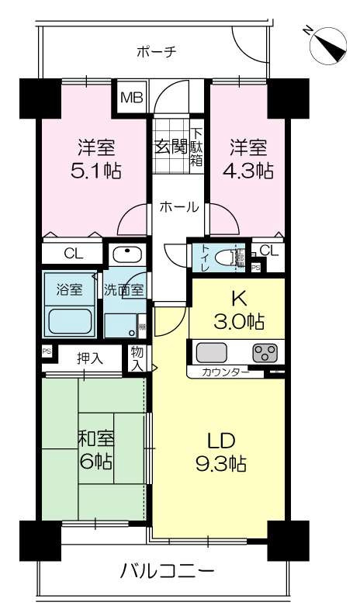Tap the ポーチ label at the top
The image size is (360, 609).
pyautogui.click(x=157, y=52)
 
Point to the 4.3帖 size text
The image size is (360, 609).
pyautogui.click(x=248, y=169)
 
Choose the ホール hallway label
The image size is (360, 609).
pyautogui.click(x=178, y=207)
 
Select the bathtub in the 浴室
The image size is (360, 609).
pyautogui.click(x=70, y=320)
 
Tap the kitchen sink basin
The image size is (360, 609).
pyautogui.click(x=212, y=353)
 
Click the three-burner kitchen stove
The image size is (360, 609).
pyautogui.click(x=265, y=353)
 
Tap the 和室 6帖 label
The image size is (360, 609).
pyautogui.click(x=95, y=451)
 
